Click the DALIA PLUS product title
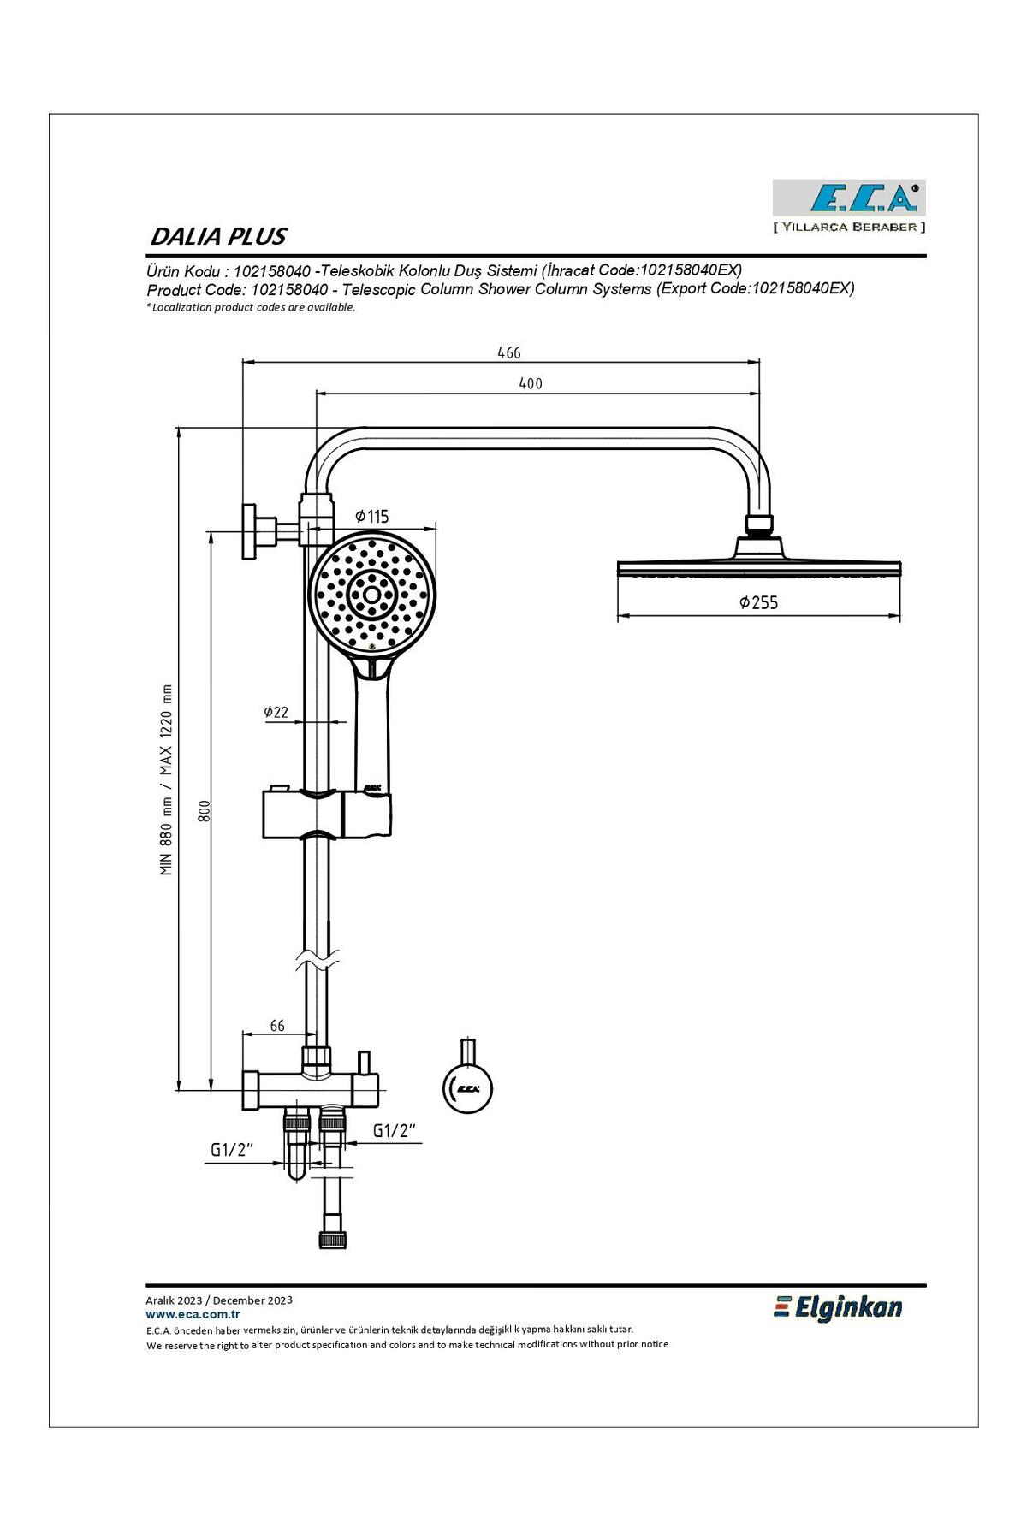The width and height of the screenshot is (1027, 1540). [218, 236]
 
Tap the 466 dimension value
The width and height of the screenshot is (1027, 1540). [509, 352]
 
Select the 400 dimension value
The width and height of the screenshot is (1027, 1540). [531, 383]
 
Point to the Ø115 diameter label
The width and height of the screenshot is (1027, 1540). [372, 516]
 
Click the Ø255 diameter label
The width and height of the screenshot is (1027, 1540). [759, 602]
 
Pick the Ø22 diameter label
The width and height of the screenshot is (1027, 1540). [276, 711]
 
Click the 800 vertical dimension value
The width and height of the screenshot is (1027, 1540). [205, 811]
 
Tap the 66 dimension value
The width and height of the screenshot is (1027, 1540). [277, 1026]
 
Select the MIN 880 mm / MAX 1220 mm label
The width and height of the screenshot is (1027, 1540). [166, 779]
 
